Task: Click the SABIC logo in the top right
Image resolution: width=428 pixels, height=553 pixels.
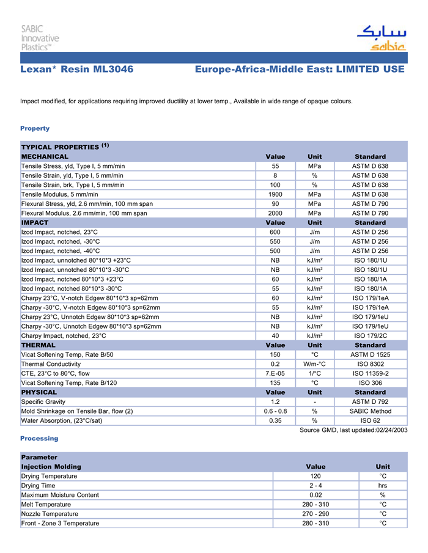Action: [380, 38]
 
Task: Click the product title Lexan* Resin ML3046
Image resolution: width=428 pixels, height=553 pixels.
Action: [77, 70]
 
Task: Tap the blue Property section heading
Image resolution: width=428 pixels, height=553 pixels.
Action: [35, 128]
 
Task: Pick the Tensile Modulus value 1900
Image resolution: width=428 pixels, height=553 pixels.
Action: [275, 194]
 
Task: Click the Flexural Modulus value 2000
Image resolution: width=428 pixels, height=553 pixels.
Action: [275, 213]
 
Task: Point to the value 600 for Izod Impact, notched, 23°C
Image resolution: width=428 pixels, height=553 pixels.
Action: [275, 232]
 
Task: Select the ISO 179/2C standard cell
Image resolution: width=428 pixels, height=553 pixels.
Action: [370, 335]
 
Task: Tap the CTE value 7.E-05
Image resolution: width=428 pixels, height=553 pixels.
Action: [275, 373]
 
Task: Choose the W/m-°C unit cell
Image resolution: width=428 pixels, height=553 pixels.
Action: [314, 364]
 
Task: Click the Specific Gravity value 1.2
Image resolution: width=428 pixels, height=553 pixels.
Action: [275, 401]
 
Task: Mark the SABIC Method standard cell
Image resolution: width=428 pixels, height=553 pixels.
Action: [370, 411]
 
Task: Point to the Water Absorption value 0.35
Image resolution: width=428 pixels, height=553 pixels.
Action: [275, 420]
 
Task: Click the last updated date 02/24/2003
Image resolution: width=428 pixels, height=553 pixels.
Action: [391, 430]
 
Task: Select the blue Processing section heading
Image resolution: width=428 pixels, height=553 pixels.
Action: [39, 438]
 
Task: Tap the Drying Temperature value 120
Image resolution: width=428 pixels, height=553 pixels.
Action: [315, 476]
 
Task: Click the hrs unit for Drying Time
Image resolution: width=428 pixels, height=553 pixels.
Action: [383, 485]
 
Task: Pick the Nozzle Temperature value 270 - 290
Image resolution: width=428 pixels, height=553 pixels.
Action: [315, 514]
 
